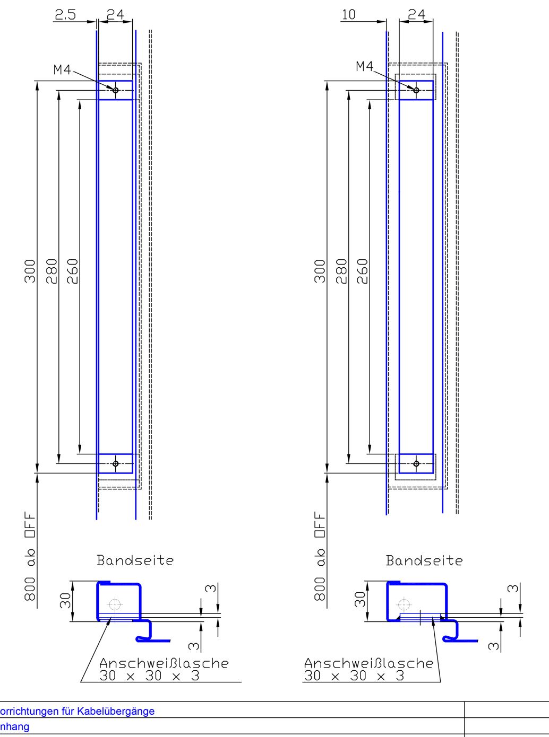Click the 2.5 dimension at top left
(65, 15)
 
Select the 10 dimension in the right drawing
(349, 15)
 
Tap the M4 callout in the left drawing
(62, 70)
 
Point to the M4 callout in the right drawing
(365, 66)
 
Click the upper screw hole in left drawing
(115, 90)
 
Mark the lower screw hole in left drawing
(115, 463)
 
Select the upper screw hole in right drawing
(416, 90)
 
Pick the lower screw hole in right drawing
(416, 463)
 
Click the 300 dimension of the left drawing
(30, 271)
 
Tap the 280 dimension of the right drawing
(342, 271)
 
